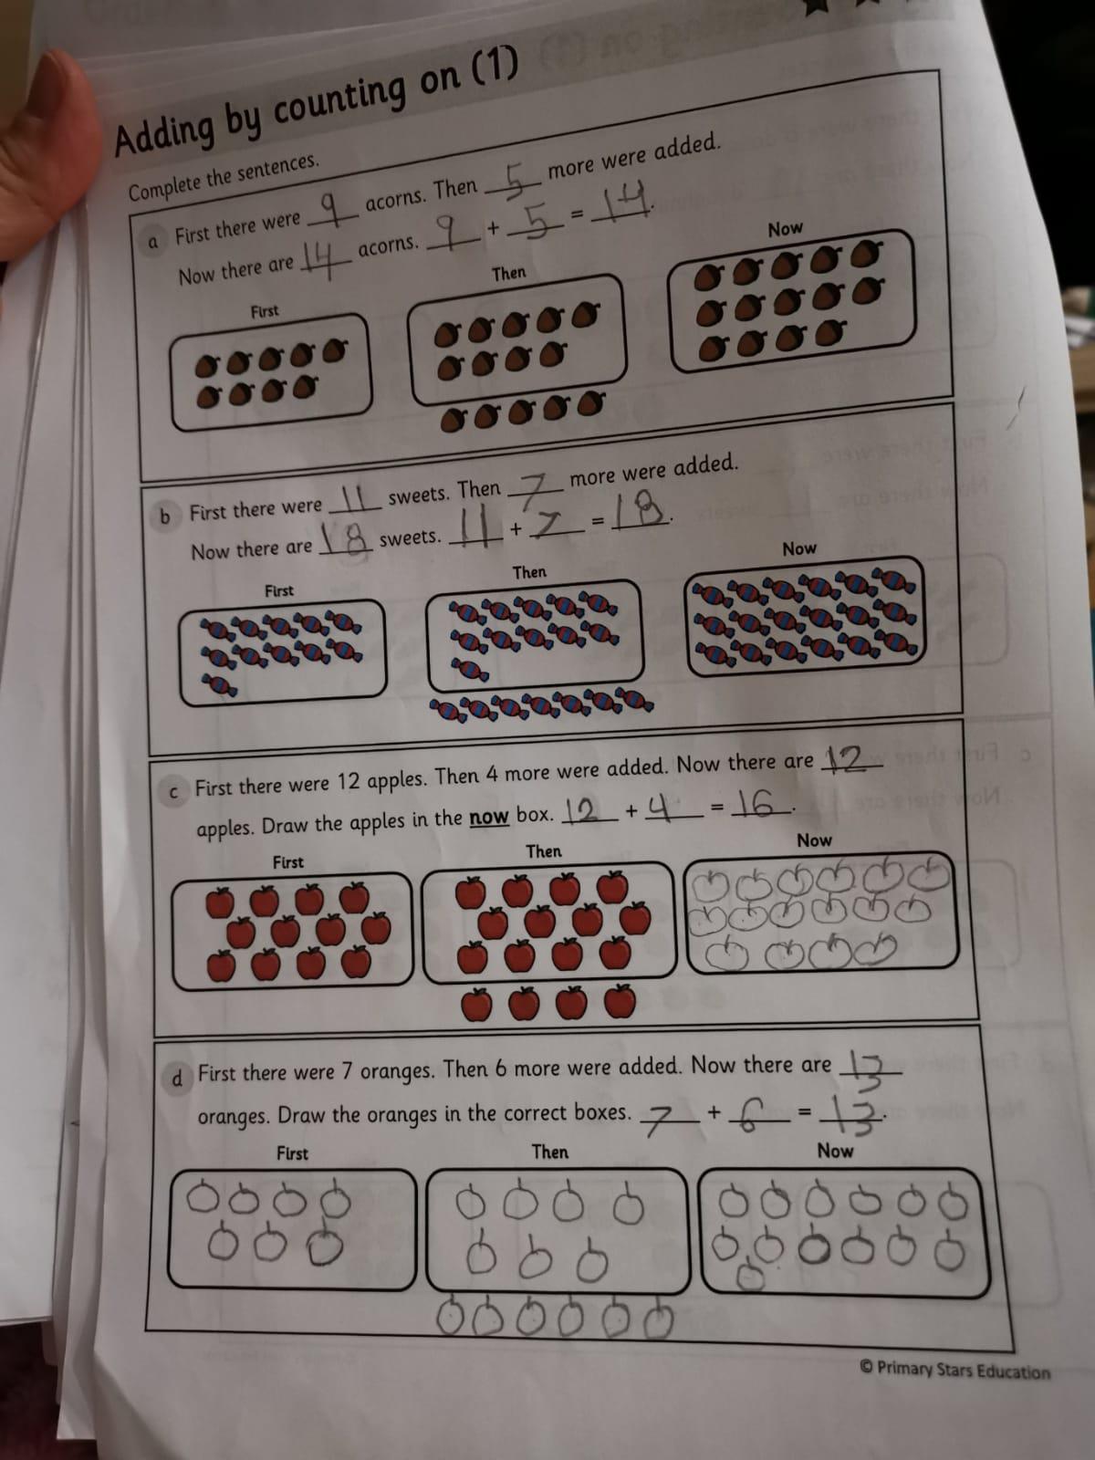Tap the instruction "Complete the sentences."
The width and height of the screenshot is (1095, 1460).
tap(224, 177)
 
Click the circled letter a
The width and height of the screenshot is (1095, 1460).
tap(153, 242)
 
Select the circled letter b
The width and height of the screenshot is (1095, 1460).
tap(165, 516)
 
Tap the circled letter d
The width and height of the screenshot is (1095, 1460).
tap(176, 1079)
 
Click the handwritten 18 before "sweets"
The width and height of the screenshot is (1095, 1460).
tap(347, 537)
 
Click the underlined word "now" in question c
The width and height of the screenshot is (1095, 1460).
tap(489, 817)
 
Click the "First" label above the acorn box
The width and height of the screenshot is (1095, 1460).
tap(265, 310)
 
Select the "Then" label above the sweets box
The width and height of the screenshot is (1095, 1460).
tap(529, 572)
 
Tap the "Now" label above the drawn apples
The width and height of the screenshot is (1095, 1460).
tap(815, 840)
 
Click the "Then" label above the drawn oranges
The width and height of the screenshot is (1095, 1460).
tap(550, 1152)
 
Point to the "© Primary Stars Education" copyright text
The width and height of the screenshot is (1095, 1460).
tap(954, 1370)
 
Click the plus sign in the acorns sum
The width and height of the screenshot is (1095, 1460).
tap(493, 228)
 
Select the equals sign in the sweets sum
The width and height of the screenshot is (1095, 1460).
tap(598, 522)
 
